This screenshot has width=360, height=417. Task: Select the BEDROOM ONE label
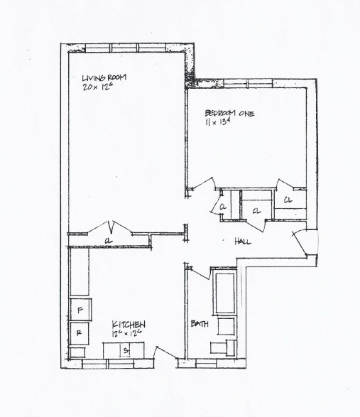coord(229,113)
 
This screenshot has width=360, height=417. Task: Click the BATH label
coord(200,324)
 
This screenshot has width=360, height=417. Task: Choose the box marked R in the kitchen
coord(80,332)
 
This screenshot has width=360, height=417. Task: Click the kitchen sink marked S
coord(125,350)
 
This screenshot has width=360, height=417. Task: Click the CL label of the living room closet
coord(107,240)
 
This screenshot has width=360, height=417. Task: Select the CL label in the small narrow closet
coord(223,207)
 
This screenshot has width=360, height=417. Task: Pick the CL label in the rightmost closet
coord(288,201)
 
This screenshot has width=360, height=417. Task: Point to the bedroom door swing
coord(204,183)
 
